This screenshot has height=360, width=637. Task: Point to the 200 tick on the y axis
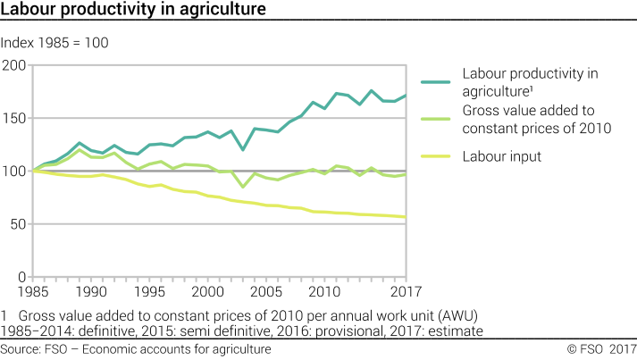(14, 65)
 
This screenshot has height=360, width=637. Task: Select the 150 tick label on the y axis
(14, 118)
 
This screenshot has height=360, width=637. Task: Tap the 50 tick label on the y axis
(18, 223)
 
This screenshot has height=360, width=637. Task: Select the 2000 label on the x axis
(207, 291)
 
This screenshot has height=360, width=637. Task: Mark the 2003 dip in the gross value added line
(242, 187)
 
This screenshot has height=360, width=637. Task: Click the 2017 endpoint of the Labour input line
(407, 217)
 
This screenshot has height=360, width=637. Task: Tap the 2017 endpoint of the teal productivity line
(407, 96)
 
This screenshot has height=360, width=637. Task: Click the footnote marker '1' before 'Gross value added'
(4, 315)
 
